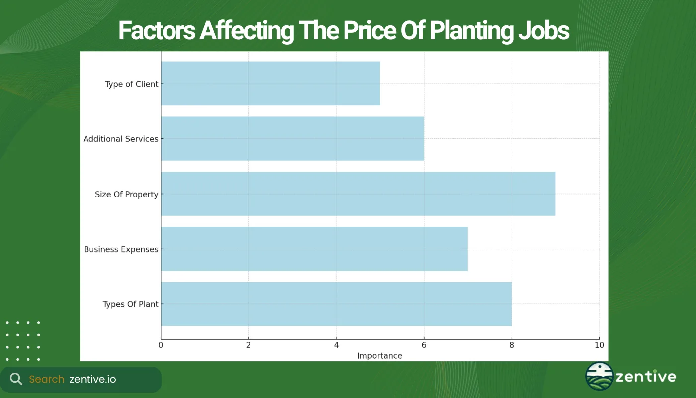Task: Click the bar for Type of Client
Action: [270, 84]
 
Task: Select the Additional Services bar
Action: [292, 139]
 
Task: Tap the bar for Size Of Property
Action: [358, 194]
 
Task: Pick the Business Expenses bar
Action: [314, 249]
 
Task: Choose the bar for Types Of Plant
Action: [336, 304]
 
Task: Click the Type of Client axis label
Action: [131, 84]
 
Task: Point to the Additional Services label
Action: [120, 139]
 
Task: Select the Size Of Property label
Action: [126, 195]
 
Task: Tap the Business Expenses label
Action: [121, 249]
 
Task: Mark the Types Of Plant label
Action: [130, 304]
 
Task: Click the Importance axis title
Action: [380, 356]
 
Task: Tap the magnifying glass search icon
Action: [16, 379]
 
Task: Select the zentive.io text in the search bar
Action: [92, 379]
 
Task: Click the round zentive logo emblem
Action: [599, 376]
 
